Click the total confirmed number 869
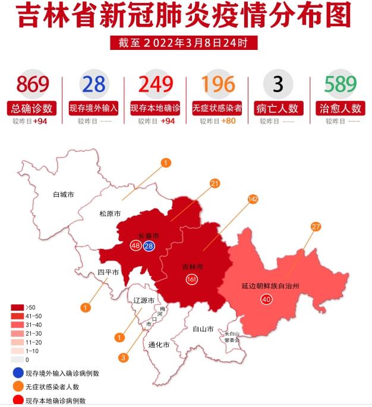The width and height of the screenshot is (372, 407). click(32, 84)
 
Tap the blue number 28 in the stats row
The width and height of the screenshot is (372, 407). click(94, 84)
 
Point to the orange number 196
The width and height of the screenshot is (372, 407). click(217, 84)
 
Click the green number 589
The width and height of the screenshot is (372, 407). click(341, 84)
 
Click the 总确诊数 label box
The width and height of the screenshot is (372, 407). click(32, 109)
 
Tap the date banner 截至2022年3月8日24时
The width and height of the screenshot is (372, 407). click(185, 43)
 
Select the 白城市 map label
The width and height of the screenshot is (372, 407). click(63, 194)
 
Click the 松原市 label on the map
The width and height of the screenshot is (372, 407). click(110, 214)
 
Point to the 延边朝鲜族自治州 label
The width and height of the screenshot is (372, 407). click(270, 286)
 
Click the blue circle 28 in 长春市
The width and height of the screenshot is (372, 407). click(149, 245)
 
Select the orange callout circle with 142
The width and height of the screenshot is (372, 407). click(253, 200)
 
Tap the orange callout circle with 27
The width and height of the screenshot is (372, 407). click(316, 226)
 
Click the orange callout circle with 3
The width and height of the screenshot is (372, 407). click(123, 358)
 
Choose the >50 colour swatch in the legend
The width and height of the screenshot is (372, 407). click(17, 307)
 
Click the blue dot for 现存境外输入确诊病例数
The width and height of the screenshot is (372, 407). click(17, 373)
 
